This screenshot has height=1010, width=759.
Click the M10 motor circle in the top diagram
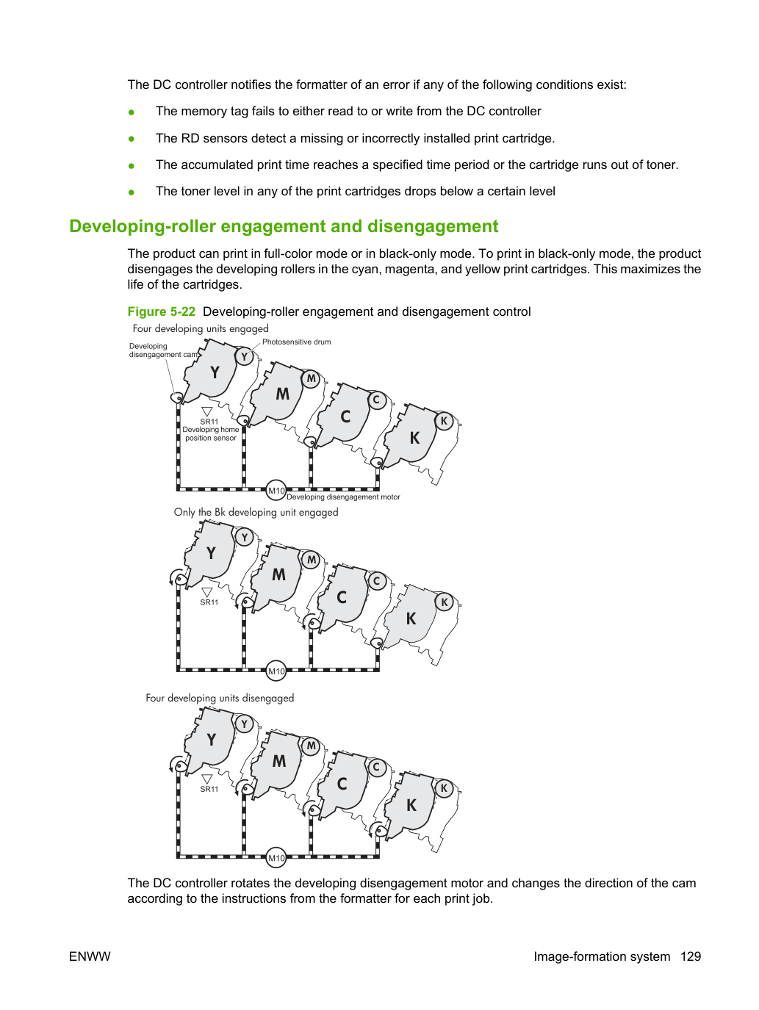[x=276, y=490]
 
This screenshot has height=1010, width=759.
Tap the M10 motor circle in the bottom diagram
[x=276, y=858]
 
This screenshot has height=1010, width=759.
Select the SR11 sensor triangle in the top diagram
[x=207, y=411]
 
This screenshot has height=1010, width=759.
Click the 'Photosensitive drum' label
[x=296, y=342]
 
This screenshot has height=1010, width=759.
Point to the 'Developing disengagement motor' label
[x=343, y=497]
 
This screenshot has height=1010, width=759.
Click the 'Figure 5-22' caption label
[x=162, y=311]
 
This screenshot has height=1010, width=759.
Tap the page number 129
[x=691, y=956]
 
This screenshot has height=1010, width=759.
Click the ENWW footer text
[x=90, y=956]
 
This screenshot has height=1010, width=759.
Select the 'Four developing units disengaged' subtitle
[x=220, y=698]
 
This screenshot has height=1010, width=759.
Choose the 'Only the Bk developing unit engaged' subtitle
[x=256, y=512]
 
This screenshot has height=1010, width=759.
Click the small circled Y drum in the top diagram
[x=245, y=356]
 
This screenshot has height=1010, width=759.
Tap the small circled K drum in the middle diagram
[x=445, y=602]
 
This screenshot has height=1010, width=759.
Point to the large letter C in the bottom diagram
[x=342, y=784]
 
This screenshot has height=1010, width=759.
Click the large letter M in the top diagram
[x=283, y=394]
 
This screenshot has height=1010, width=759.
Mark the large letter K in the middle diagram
[x=411, y=619]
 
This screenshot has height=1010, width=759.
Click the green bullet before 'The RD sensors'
[x=132, y=139]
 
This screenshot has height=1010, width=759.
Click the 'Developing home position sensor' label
[x=211, y=434]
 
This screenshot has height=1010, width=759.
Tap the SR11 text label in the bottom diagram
[x=209, y=789]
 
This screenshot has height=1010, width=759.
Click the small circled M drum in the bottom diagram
[x=311, y=746]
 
